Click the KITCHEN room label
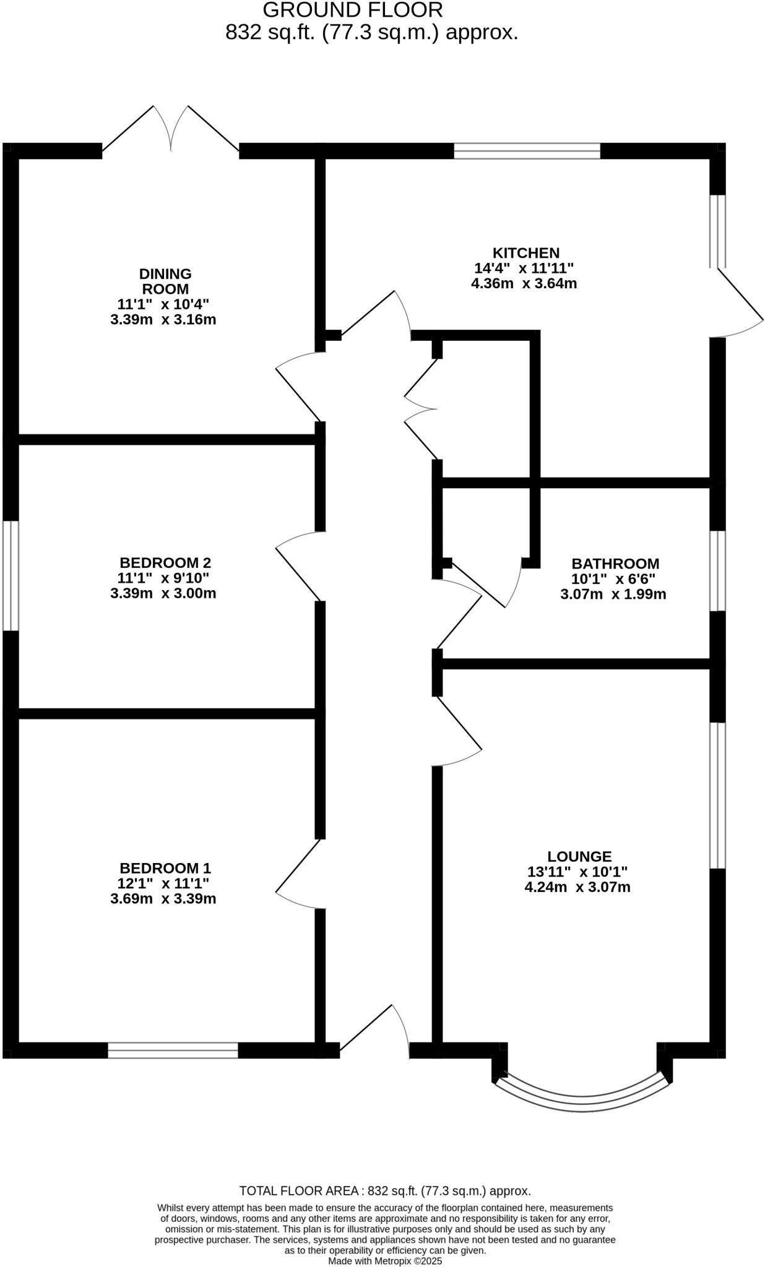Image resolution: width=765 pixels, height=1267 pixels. [525, 253]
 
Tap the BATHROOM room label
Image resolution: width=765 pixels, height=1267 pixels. [615, 564]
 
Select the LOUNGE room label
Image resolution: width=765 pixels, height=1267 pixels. [579, 856]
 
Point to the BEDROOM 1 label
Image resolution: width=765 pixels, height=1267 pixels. [165, 867]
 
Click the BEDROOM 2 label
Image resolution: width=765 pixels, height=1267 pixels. [165, 563]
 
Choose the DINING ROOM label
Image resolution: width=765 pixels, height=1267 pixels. [165, 281]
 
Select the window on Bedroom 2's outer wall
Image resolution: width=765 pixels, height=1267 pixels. [11, 575]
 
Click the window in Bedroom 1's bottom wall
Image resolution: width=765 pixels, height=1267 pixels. [173, 1050]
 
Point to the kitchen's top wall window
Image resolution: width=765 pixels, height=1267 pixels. [527, 150]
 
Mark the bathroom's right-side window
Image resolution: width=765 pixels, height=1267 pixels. [717, 570]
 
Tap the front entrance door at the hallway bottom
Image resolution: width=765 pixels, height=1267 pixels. [374, 1030]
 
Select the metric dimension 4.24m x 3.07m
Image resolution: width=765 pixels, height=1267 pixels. [577, 887]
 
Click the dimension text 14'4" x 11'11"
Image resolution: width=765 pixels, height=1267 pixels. [524, 268]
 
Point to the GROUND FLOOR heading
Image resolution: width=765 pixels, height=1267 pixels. [353, 10]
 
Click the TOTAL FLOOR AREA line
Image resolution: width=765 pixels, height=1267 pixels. [385, 1190]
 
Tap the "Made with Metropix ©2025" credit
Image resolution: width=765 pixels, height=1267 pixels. [385, 1260]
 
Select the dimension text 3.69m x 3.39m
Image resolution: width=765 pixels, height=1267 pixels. [163, 898]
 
